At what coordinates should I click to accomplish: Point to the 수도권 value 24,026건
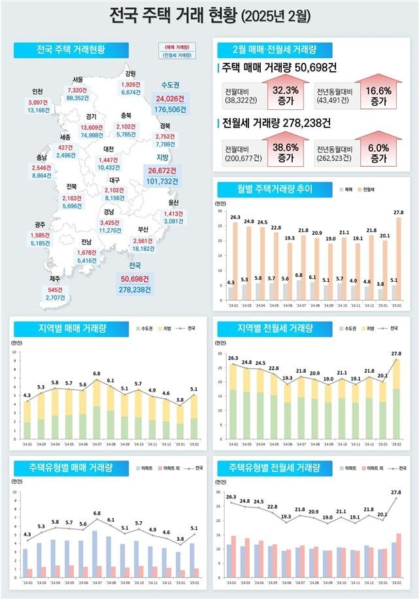click(169, 99)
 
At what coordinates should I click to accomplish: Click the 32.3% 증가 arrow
click(285, 93)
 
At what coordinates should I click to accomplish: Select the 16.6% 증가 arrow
click(378, 93)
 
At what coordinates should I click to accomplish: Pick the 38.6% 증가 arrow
click(285, 153)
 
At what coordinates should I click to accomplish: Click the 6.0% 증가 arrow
click(378, 153)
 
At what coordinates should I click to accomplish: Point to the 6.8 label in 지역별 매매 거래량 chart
click(96, 373)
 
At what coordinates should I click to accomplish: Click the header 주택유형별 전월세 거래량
click(275, 468)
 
